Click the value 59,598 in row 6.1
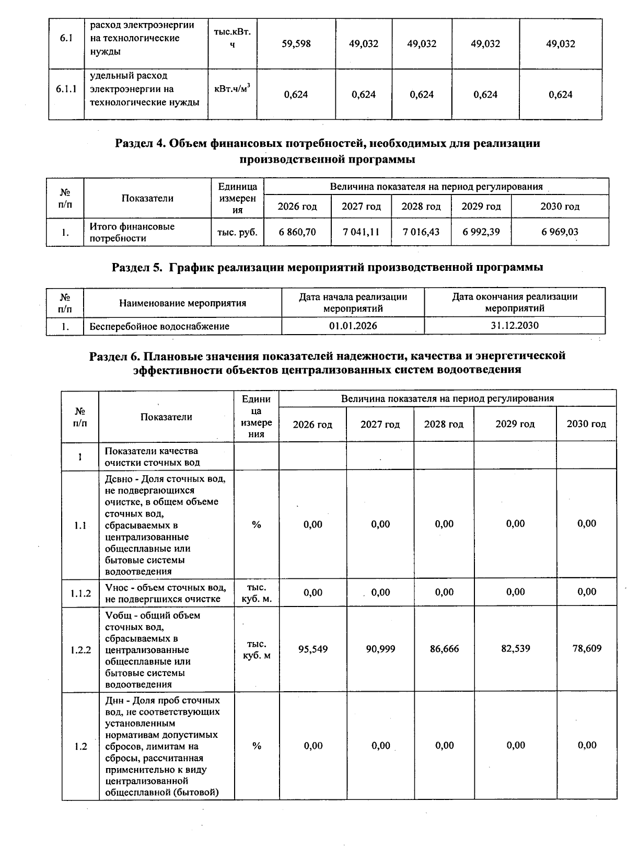pos(296,44)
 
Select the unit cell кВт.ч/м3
pos(232,89)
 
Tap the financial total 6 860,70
pos(297,232)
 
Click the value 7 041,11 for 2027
pos(361,232)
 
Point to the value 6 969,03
pos(560,232)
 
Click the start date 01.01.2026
pos(353,326)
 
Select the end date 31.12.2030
pos(515,326)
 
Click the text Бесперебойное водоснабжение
pos(159,326)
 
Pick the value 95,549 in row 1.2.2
pos(313,649)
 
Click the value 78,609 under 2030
pos(587,649)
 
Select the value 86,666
pos(444,649)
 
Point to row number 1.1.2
pos(80,593)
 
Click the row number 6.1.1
pos(66,89)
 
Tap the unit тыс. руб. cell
pos(237,232)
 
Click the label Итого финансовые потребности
pos(132,232)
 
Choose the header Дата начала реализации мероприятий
pos(353,302)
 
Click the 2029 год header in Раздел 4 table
pos(481,207)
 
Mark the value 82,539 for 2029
pos(515,649)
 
